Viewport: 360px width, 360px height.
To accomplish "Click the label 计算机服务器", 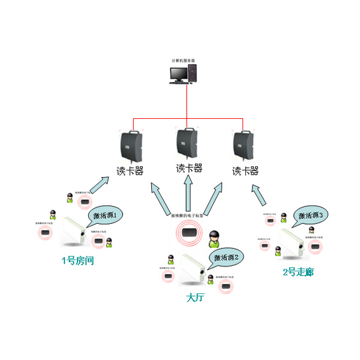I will point(183,60).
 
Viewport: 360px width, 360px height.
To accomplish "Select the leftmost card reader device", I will point(131,145).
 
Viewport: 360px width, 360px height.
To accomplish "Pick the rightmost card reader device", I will point(243,145).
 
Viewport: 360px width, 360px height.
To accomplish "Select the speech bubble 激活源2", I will point(225,257).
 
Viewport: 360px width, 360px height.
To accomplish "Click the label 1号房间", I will point(78,261).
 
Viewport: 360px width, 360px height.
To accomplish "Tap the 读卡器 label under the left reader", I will point(130,171).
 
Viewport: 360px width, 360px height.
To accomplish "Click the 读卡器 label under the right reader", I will point(245,171).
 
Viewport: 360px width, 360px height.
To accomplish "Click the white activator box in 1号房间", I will point(74,232).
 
